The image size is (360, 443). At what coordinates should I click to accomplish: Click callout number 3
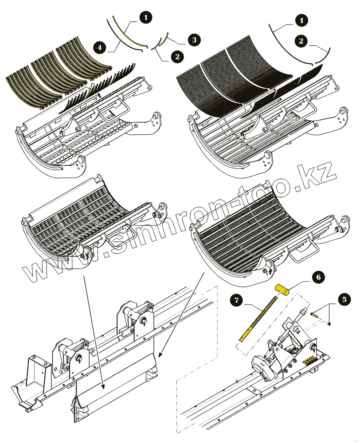click(x=193, y=40)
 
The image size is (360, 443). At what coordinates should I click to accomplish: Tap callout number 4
click(x=100, y=46)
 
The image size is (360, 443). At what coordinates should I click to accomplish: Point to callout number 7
click(x=237, y=301)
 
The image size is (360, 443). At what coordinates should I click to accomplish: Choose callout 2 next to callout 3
click(x=177, y=57)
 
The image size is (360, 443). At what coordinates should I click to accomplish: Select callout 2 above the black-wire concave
click(x=301, y=41)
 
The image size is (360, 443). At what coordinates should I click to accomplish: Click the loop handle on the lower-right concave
click(x=301, y=252)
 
